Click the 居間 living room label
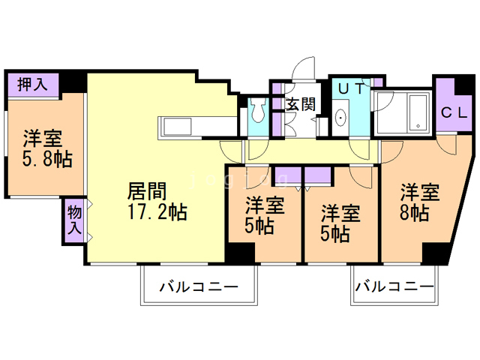[146, 190]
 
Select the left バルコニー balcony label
[198, 287]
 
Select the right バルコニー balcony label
[394, 286]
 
